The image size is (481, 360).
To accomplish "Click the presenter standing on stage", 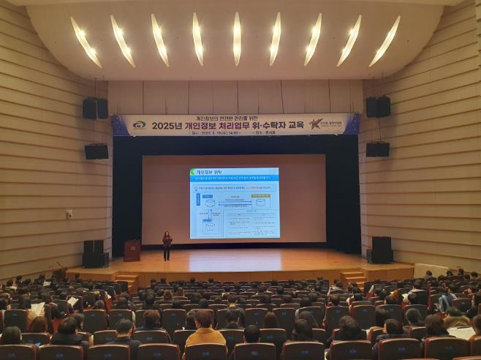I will coord(167,245).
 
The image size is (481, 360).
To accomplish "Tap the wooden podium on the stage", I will coord(132,250).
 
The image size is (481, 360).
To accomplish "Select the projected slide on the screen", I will coord(234,203).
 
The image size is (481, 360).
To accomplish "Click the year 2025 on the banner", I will coord(167,125).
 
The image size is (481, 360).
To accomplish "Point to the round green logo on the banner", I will coord(138,125).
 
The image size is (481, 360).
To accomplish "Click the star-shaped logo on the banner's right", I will coord(316,124).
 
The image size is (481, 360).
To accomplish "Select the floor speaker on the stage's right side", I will coord(380,250).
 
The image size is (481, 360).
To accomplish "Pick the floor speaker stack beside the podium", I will coord(94,253).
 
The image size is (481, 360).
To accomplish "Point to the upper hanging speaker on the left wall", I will coord(94,108).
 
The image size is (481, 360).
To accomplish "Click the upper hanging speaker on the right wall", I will coord(378,107).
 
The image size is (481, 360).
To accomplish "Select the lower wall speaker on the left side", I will coord(96,151).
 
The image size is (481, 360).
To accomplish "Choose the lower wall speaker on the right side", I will coord(377,149).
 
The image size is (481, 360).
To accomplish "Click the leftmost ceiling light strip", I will coord(86,42).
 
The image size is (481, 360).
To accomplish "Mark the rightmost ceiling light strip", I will coord(385,41).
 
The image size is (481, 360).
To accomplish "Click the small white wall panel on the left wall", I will coord(69,214).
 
